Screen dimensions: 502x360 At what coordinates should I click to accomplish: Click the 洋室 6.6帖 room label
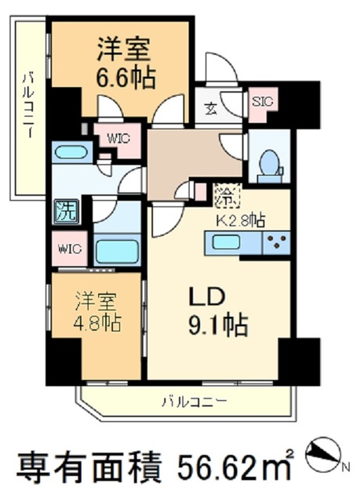click(x=125, y=64)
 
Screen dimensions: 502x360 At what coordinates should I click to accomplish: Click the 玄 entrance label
click(x=212, y=109)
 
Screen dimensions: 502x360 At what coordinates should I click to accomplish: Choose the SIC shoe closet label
click(x=260, y=100)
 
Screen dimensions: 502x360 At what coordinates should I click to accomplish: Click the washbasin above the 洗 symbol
click(x=71, y=151)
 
